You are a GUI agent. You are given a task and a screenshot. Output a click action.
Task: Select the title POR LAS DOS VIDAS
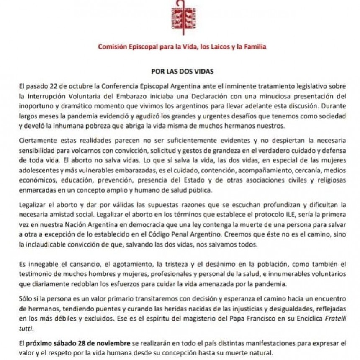pyautogui.click(x=180, y=72)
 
